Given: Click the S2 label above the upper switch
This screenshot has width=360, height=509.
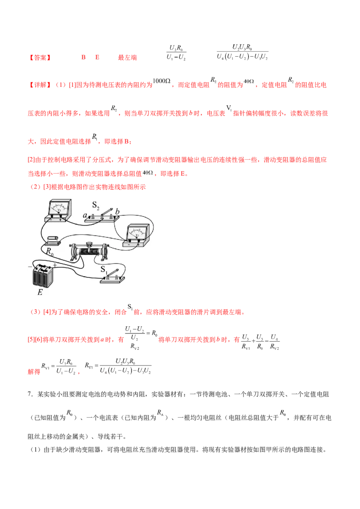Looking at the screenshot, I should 95,205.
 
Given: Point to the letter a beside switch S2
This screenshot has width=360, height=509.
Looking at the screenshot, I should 85,216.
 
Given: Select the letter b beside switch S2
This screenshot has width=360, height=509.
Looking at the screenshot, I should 117,211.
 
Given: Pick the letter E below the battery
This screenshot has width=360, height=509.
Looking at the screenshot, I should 40,292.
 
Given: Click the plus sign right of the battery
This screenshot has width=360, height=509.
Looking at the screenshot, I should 55,266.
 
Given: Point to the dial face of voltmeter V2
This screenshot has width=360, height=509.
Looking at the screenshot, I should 138,232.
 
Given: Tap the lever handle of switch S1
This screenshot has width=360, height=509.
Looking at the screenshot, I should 114,272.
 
